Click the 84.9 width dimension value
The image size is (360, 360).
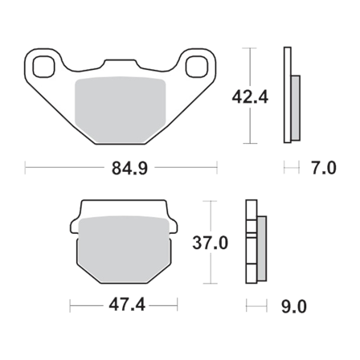(x=122, y=168)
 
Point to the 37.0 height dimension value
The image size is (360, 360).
(x=211, y=243)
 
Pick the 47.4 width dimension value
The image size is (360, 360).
(x=123, y=306)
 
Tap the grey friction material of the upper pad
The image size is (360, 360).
(x=121, y=102)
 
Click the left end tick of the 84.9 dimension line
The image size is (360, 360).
(x=27, y=168)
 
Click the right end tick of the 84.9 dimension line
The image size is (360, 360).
(x=218, y=168)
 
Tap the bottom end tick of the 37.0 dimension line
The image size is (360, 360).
(x=211, y=283)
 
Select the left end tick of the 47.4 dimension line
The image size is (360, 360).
(x=70, y=306)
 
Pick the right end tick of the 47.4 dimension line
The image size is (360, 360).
(x=176, y=306)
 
